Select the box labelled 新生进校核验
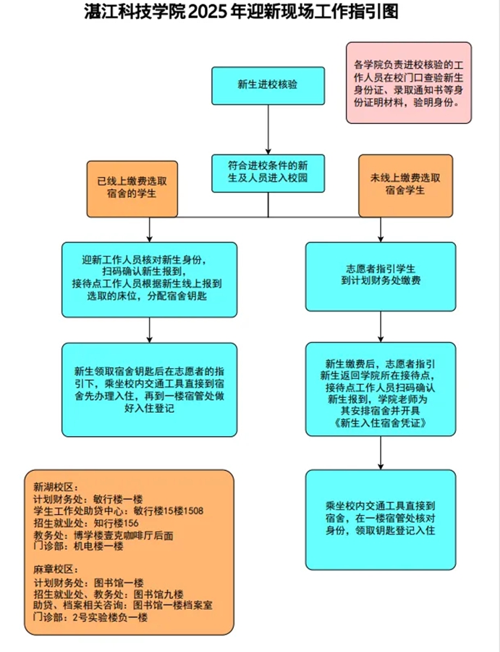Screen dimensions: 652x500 268,85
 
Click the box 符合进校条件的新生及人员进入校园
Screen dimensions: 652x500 268,172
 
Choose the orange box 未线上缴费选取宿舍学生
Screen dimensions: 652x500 405,185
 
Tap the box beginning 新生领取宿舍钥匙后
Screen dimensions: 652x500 149,389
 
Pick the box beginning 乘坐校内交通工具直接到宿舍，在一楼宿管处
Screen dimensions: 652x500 381,519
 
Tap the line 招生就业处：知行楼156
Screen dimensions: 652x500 85,522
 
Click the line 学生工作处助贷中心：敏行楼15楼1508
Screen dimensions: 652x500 118,511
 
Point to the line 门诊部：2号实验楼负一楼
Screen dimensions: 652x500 90,618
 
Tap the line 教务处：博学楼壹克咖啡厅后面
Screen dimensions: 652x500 103,535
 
